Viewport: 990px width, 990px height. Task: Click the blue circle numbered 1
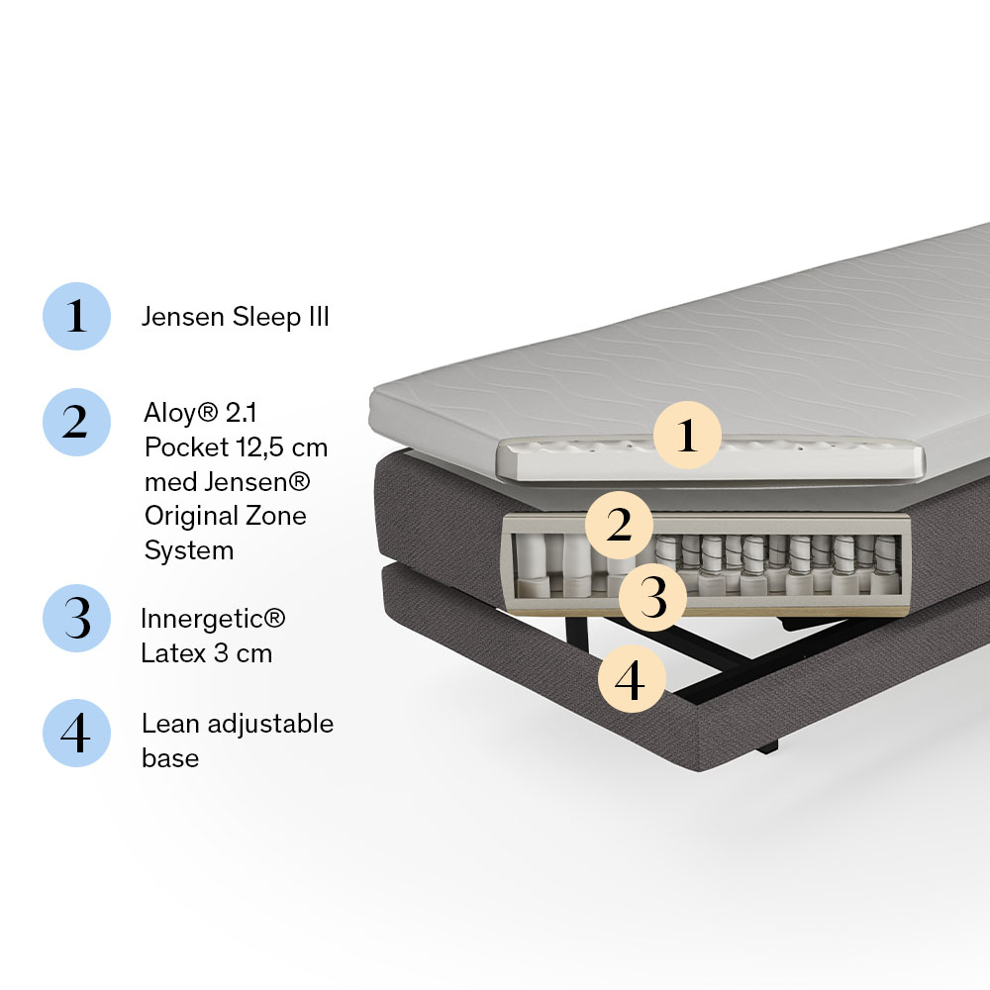tap(76, 316)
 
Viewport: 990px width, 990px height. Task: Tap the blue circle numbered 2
tap(76, 422)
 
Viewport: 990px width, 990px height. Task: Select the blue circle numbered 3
tap(76, 618)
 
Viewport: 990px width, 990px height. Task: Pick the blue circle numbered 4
tap(76, 733)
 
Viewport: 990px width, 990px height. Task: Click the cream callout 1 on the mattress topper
tap(687, 435)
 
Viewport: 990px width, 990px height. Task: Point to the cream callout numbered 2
tap(619, 526)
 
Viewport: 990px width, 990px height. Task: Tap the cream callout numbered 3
tap(652, 598)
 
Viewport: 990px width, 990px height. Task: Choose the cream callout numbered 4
tap(632, 679)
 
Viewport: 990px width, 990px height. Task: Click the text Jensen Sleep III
tap(236, 317)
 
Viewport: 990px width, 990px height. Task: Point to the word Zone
tap(276, 516)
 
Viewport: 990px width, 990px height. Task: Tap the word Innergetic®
tap(213, 619)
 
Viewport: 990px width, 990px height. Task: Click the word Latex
tap(173, 653)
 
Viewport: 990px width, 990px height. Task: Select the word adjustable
tap(270, 725)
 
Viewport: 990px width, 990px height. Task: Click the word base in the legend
tap(170, 758)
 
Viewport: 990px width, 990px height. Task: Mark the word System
tap(189, 551)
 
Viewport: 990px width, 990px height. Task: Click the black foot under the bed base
tap(767, 747)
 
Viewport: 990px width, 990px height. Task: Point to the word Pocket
tap(186, 447)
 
